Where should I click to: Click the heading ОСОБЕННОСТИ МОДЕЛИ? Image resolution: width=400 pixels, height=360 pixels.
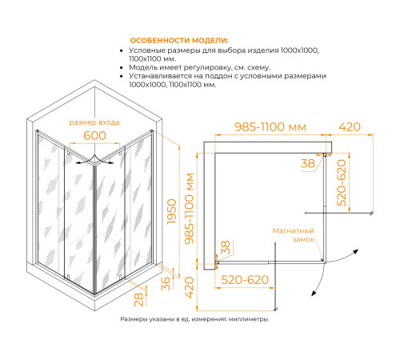click(179, 41)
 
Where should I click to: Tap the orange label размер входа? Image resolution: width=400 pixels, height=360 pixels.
click(94, 122)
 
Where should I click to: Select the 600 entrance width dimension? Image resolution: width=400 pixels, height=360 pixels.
click(94, 135)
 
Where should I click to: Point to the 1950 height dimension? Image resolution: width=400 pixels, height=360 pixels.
click(171, 211)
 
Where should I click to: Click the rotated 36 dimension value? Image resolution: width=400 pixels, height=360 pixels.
click(166, 283)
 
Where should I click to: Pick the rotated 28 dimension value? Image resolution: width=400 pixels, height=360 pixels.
click(138, 299)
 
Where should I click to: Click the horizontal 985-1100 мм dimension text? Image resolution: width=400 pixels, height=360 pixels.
click(270, 127)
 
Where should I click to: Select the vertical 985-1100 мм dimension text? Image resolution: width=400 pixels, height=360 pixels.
click(190, 209)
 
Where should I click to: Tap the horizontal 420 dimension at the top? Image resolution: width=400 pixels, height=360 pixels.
click(350, 127)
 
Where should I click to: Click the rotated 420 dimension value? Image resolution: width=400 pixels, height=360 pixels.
click(189, 287)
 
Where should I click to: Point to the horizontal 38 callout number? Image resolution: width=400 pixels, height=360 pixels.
click(308, 163)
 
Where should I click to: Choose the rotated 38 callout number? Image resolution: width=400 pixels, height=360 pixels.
click(226, 247)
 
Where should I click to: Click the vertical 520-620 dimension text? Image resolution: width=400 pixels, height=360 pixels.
click(341, 182)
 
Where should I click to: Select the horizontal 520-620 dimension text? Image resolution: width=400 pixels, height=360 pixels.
click(245, 280)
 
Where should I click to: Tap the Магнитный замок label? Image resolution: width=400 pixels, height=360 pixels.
click(294, 235)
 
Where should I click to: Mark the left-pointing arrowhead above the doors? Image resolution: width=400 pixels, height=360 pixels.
click(78, 162)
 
